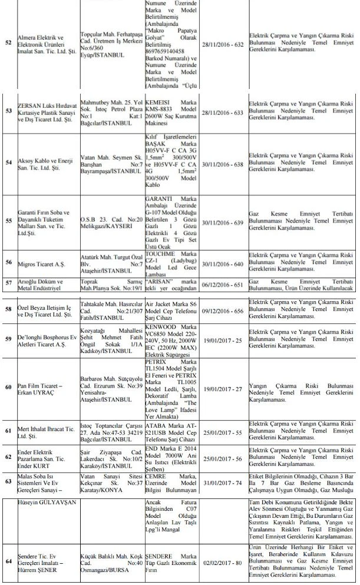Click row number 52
(8, 44)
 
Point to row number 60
(8, 387)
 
